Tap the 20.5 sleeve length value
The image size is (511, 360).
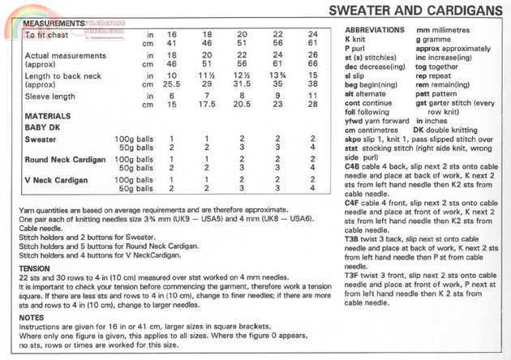(x=242, y=105)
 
